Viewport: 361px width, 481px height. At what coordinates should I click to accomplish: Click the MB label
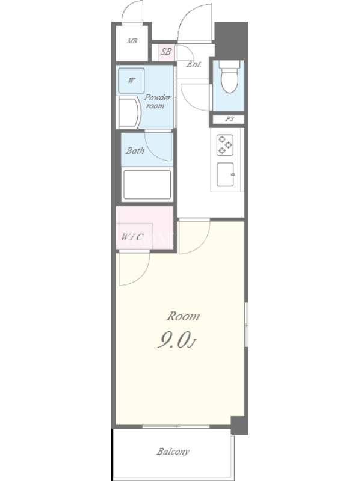point(132,41)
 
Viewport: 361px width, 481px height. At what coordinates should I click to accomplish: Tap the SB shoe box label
point(166,52)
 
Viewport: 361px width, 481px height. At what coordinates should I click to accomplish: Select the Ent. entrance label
point(194,64)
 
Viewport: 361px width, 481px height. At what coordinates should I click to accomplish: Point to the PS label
point(229,119)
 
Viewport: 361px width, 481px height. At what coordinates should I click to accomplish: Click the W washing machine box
point(131,81)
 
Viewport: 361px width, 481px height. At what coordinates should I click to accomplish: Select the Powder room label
point(158,102)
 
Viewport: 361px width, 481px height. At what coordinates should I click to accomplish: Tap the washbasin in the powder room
point(128,112)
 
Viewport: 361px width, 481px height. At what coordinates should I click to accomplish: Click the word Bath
point(135,150)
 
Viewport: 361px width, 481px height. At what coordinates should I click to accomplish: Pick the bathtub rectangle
point(147,185)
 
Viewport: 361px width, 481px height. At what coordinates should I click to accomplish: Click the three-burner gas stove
point(224,145)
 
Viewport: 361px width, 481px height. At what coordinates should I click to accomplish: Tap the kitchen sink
point(226,174)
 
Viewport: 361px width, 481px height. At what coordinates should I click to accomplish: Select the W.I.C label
point(132,237)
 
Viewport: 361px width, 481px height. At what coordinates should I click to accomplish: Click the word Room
point(183,316)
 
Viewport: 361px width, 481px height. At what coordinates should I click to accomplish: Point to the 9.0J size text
point(176,340)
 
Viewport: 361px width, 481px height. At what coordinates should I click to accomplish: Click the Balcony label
point(173,452)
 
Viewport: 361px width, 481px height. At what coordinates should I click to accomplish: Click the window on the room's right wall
point(246,325)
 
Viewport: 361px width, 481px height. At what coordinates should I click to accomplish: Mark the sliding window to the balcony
point(176,427)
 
